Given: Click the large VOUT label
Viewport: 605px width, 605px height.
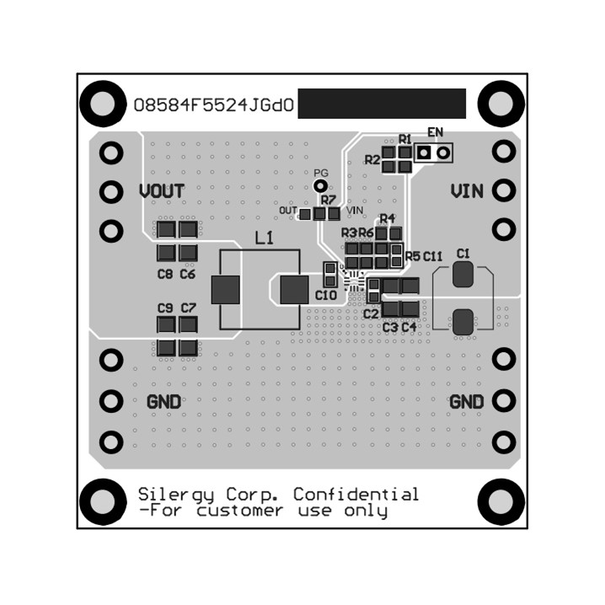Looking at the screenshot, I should (x=162, y=191).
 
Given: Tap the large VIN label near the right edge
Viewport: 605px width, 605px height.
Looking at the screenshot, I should (x=467, y=191).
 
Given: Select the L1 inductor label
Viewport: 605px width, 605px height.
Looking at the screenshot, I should (x=264, y=238).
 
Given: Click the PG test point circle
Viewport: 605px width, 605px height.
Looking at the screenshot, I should (x=319, y=185).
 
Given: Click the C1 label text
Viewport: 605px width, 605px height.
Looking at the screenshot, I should (x=463, y=253).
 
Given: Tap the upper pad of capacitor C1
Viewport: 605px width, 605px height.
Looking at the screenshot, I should (x=463, y=274).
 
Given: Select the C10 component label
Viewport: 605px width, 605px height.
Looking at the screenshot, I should (x=326, y=296).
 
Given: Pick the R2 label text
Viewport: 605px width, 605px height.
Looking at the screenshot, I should (x=372, y=159).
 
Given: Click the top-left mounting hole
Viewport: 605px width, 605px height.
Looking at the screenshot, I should (x=102, y=104).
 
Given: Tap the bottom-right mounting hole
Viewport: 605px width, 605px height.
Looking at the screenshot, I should (x=501, y=501).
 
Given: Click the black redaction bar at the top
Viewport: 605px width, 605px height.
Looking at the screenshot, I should (x=382, y=104).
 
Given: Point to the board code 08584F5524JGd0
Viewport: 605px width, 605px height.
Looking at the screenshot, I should (x=213, y=106).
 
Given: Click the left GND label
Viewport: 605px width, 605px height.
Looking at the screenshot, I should (x=163, y=402).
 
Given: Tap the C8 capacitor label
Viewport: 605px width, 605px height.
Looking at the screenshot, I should (x=164, y=275).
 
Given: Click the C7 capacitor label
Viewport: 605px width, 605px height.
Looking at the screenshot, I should (x=187, y=308).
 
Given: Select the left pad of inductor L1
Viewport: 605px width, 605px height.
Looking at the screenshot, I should (x=226, y=290).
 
